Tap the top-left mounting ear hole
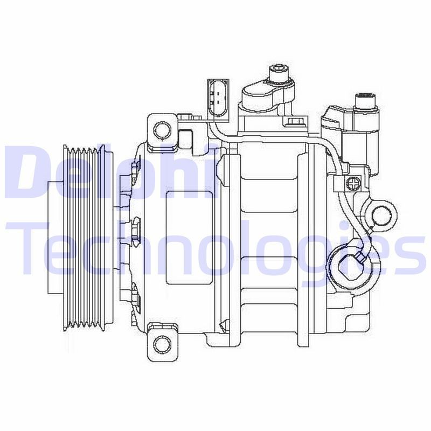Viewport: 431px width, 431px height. coord(162,129)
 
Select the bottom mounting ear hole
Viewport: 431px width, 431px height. coord(162,343)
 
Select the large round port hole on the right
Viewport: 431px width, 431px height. coord(382,215)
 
